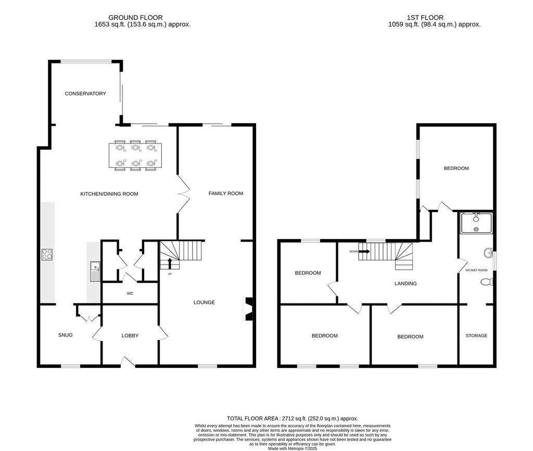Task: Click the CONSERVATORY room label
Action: [85, 94]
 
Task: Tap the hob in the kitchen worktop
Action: [47, 255]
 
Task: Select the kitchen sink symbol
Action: [95, 271]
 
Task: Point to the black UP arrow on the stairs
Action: [170, 263]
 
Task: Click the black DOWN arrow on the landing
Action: [364, 251]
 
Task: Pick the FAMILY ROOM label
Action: [226, 193]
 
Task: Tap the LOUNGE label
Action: [204, 302]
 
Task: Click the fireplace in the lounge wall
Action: [248, 309]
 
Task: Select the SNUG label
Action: [65, 335]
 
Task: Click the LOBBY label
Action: [130, 336]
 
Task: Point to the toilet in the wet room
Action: [487, 282]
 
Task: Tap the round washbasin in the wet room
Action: [488, 253]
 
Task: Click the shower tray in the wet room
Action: [476, 223]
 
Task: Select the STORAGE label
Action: [476, 336]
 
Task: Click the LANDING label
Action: [405, 283]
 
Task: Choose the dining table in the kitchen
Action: [135, 155]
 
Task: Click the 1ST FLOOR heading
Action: [425, 18]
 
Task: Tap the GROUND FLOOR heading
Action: [135, 18]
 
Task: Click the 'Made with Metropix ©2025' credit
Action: [293, 448]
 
